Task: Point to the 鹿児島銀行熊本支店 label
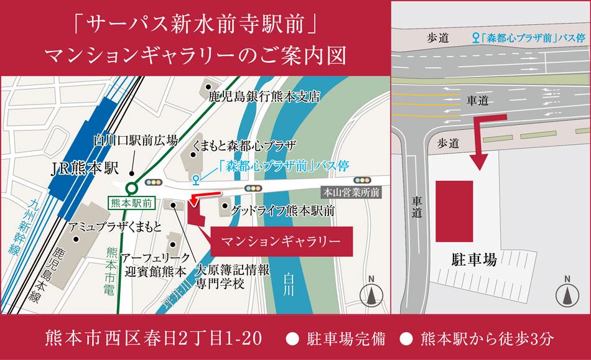point(264,97)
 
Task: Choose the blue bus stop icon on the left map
point(196,180)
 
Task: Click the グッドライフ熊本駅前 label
point(283,211)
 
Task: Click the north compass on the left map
point(371,292)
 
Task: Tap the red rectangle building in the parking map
point(454,212)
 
